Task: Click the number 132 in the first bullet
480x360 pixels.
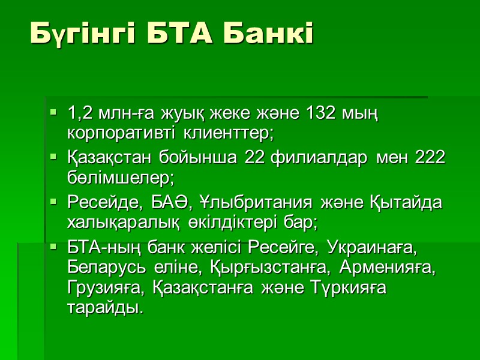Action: tap(322, 113)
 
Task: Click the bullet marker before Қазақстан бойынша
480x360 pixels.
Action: tap(53, 157)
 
